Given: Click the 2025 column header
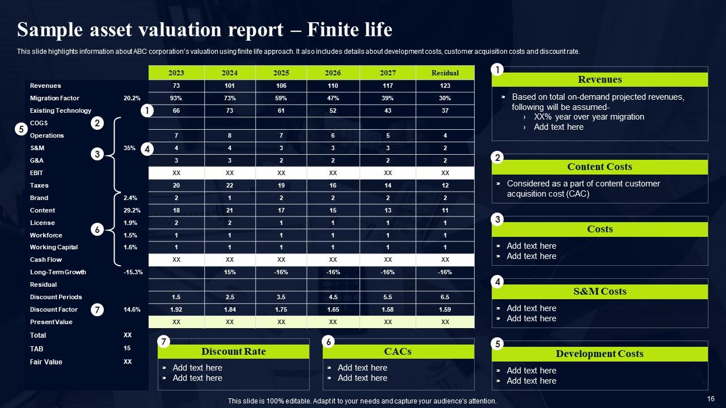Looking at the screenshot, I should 281,73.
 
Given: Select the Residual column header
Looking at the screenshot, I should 445,73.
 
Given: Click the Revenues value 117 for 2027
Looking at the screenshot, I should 388,86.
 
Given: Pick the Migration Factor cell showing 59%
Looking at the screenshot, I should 281,98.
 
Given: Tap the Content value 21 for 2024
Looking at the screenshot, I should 230,210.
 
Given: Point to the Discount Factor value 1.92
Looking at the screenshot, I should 176,309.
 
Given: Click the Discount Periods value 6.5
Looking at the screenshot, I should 445,297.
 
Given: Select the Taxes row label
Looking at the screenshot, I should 39,185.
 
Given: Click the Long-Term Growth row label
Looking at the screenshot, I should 58,272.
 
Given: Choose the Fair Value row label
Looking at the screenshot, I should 46,362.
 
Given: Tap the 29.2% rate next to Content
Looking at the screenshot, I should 132,210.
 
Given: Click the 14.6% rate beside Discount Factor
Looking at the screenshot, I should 132,309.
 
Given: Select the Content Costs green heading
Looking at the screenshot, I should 600,167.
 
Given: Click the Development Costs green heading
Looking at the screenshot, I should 600,354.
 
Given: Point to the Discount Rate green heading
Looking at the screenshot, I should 233,351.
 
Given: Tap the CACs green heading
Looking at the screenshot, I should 398,351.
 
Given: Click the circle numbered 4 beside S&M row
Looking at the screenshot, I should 147,150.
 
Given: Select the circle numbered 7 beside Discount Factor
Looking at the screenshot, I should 98,310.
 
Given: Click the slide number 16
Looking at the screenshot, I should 711,399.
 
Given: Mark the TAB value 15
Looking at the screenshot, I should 128,348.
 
